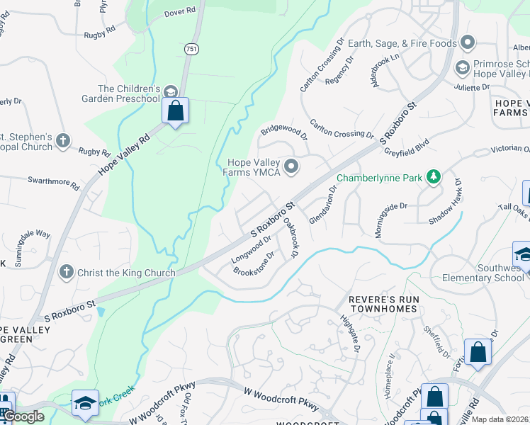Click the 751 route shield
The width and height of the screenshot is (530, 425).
tap(191, 48)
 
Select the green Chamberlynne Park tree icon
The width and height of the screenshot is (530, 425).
tap(432, 177)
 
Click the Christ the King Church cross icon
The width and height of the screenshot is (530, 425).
tap(66, 272)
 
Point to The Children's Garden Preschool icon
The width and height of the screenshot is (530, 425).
tap(170, 92)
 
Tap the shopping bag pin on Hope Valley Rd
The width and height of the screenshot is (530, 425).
tap(175, 112)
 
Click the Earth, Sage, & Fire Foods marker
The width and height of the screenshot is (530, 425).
tap(467, 43)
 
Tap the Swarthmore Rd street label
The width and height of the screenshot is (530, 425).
tap(54, 183)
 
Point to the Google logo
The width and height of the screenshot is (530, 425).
tap(24, 416)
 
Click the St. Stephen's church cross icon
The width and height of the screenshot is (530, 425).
tap(62, 140)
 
